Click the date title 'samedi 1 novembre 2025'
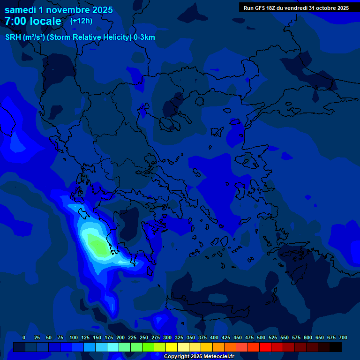coord(59,10)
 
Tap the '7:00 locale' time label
coord(33,21)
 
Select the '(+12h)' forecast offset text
coord(81,21)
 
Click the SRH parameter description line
coord(80,37)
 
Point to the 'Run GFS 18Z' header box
coord(296,8)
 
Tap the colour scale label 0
coord(24,337)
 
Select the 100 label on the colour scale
coord(74,337)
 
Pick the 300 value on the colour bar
coord(167,337)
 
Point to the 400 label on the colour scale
coord(214,337)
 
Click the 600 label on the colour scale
coord(308,337)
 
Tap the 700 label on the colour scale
coord(343,337)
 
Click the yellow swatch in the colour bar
coord(172,347)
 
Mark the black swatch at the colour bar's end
coord(336,347)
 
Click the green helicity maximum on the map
coord(97,247)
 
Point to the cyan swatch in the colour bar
coord(113,347)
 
